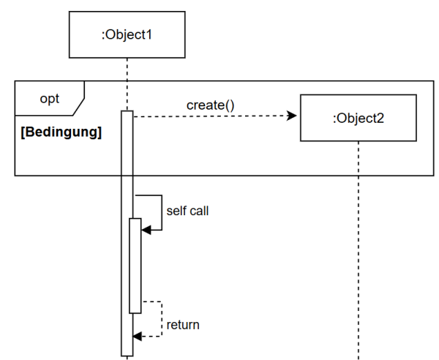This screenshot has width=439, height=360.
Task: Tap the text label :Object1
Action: pyautogui.click(x=128, y=34)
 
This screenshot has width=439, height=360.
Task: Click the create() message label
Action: pyautogui.click(x=210, y=105)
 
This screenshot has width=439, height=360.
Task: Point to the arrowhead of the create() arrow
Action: pyautogui.click(x=293, y=116)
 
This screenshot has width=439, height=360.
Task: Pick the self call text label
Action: pyautogui.click(x=187, y=211)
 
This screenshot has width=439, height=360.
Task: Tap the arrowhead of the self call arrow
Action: pyautogui.click(x=146, y=230)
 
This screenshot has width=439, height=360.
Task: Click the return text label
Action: pyautogui.click(x=182, y=324)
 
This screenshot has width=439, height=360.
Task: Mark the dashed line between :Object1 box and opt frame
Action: pyautogui.click(x=128, y=70)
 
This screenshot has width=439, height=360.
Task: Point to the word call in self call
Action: pyautogui.click(x=199, y=211)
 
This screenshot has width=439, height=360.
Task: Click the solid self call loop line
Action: pyautogui.click(x=161, y=212)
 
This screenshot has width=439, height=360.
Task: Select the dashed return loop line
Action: pyautogui.click(x=161, y=319)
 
